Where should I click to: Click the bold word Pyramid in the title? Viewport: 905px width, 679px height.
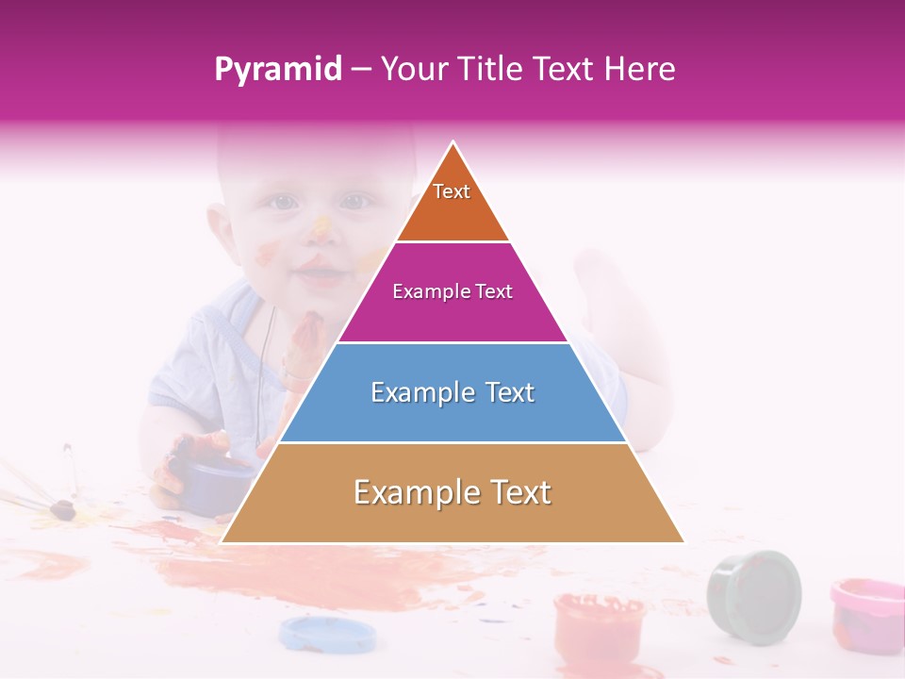[x=278, y=70]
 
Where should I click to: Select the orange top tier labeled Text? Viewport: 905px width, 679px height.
[x=452, y=203]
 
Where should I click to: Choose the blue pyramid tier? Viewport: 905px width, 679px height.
[x=452, y=392]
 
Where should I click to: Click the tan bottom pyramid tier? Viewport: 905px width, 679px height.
[x=452, y=493]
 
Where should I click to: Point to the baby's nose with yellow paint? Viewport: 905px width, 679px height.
[x=321, y=229]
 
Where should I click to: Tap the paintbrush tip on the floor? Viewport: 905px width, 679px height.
[x=63, y=510]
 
